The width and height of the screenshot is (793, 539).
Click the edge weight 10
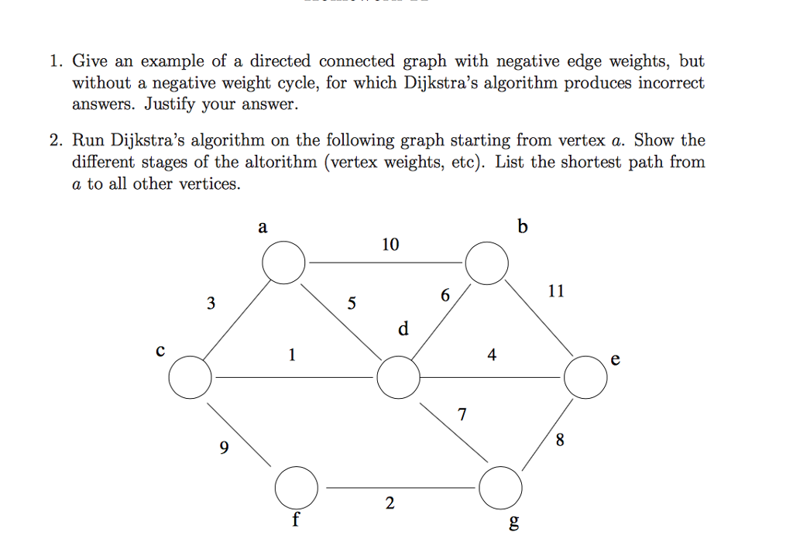[390, 245]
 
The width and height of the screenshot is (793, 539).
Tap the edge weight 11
[556, 291]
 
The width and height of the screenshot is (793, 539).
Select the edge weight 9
[224, 448]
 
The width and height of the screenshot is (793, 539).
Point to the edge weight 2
[390, 503]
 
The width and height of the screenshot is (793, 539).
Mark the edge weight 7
[462, 414]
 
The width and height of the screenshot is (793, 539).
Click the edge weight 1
[292, 355]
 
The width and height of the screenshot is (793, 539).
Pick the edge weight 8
[560, 440]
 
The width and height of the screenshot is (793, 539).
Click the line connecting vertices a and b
[386, 263]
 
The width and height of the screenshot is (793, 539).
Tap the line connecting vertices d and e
[490, 377]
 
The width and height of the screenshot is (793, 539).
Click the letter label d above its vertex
[403, 328]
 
